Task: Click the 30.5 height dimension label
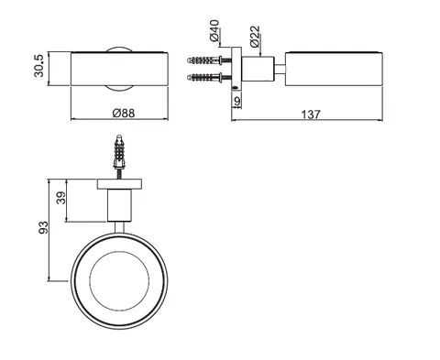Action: (38, 66)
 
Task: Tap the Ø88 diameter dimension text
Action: (124, 114)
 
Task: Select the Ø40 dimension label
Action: (214, 30)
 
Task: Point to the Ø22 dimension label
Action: (255, 37)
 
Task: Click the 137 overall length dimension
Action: (311, 115)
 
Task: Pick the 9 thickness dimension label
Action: (237, 101)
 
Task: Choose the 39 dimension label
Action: (61, 198)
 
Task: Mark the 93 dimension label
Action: (43, 227)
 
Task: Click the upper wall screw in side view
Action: (209, 60)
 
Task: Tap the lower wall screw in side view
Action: (209, 77)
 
